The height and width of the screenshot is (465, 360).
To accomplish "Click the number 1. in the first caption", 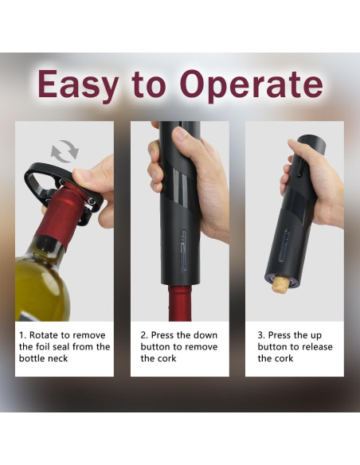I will point(23,335).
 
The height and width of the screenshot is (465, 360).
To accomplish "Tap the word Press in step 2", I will point(166,335).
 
